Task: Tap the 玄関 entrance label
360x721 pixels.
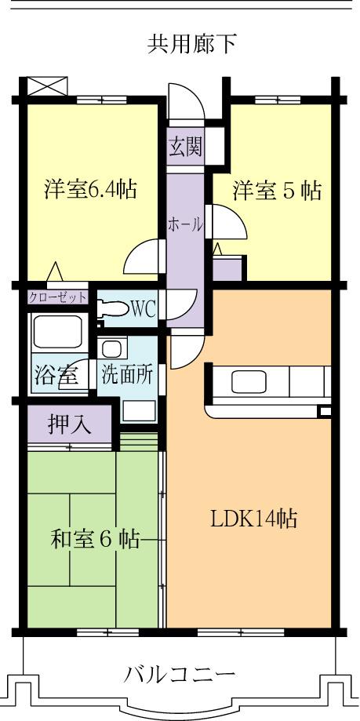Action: [185, 147]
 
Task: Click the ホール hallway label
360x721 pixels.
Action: [185, 224]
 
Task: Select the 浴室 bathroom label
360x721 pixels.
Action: [56, 374]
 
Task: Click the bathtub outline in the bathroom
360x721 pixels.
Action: [58, 333]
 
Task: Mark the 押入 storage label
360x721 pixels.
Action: [70, 424]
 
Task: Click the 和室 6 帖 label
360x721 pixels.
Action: [96, 540]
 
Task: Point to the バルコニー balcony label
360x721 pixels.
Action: [180, 674]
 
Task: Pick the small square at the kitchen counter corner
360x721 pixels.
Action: [324, 411]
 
